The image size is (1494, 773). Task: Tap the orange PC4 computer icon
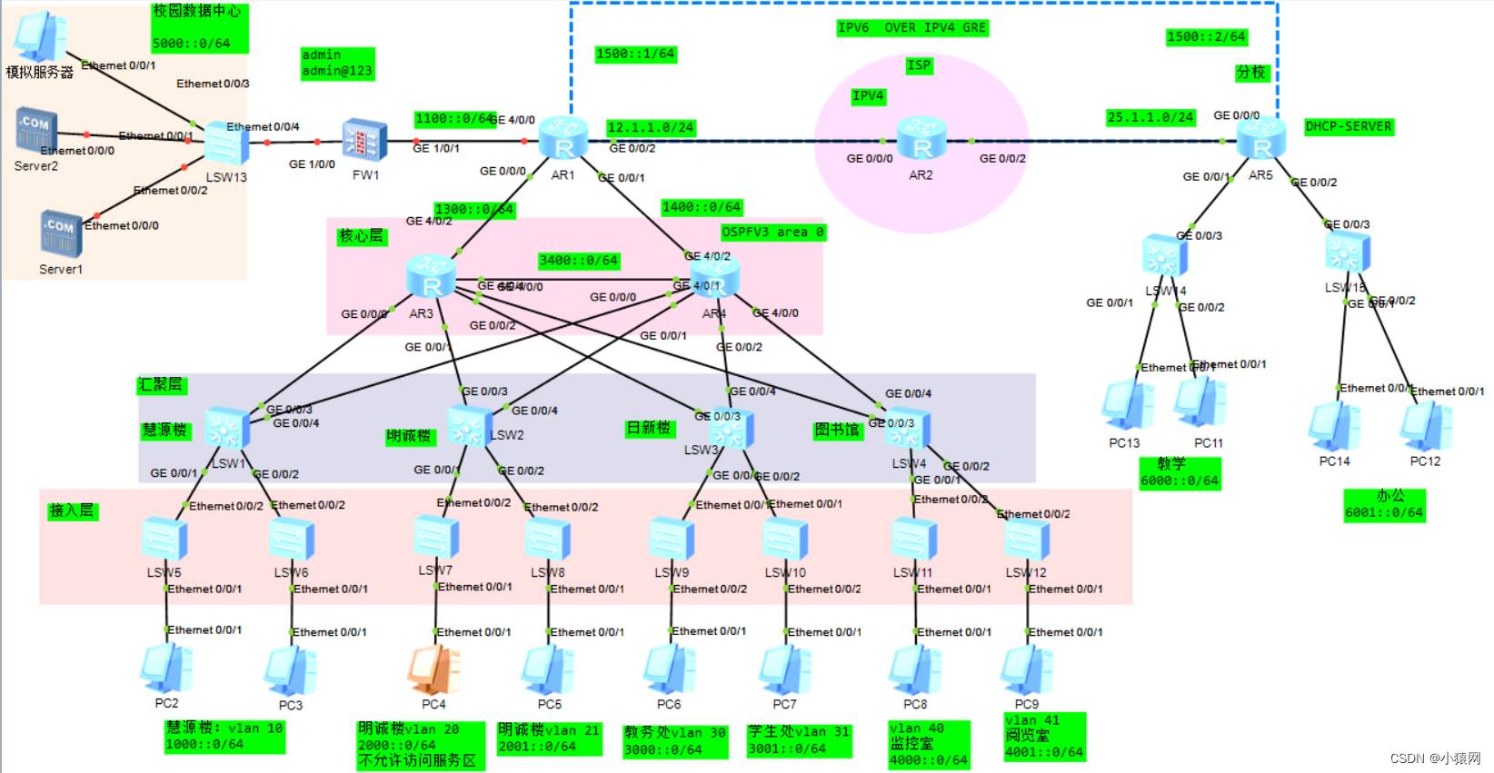click(433, 670)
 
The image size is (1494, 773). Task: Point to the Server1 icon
click(60, 233)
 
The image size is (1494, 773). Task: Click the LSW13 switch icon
click(225, 144)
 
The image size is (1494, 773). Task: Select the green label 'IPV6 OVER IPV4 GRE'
click(911, 28)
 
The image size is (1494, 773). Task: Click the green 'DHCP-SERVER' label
click(1348, 127)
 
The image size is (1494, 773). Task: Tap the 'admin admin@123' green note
click(336, 64)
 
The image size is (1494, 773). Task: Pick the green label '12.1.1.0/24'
click(651, 128)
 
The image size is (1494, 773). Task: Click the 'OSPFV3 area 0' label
click(772, 233)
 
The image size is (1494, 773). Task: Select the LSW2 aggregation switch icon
click(469, 426)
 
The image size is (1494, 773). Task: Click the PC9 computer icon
click(1027, 670)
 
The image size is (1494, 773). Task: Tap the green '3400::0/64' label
click(579, 261)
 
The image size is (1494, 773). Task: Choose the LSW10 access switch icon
click(785, 540)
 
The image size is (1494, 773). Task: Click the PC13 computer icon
click(1127, 405)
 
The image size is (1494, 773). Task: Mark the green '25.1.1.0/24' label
click(1150, 117)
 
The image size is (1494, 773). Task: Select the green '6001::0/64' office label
click(1384, 505)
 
